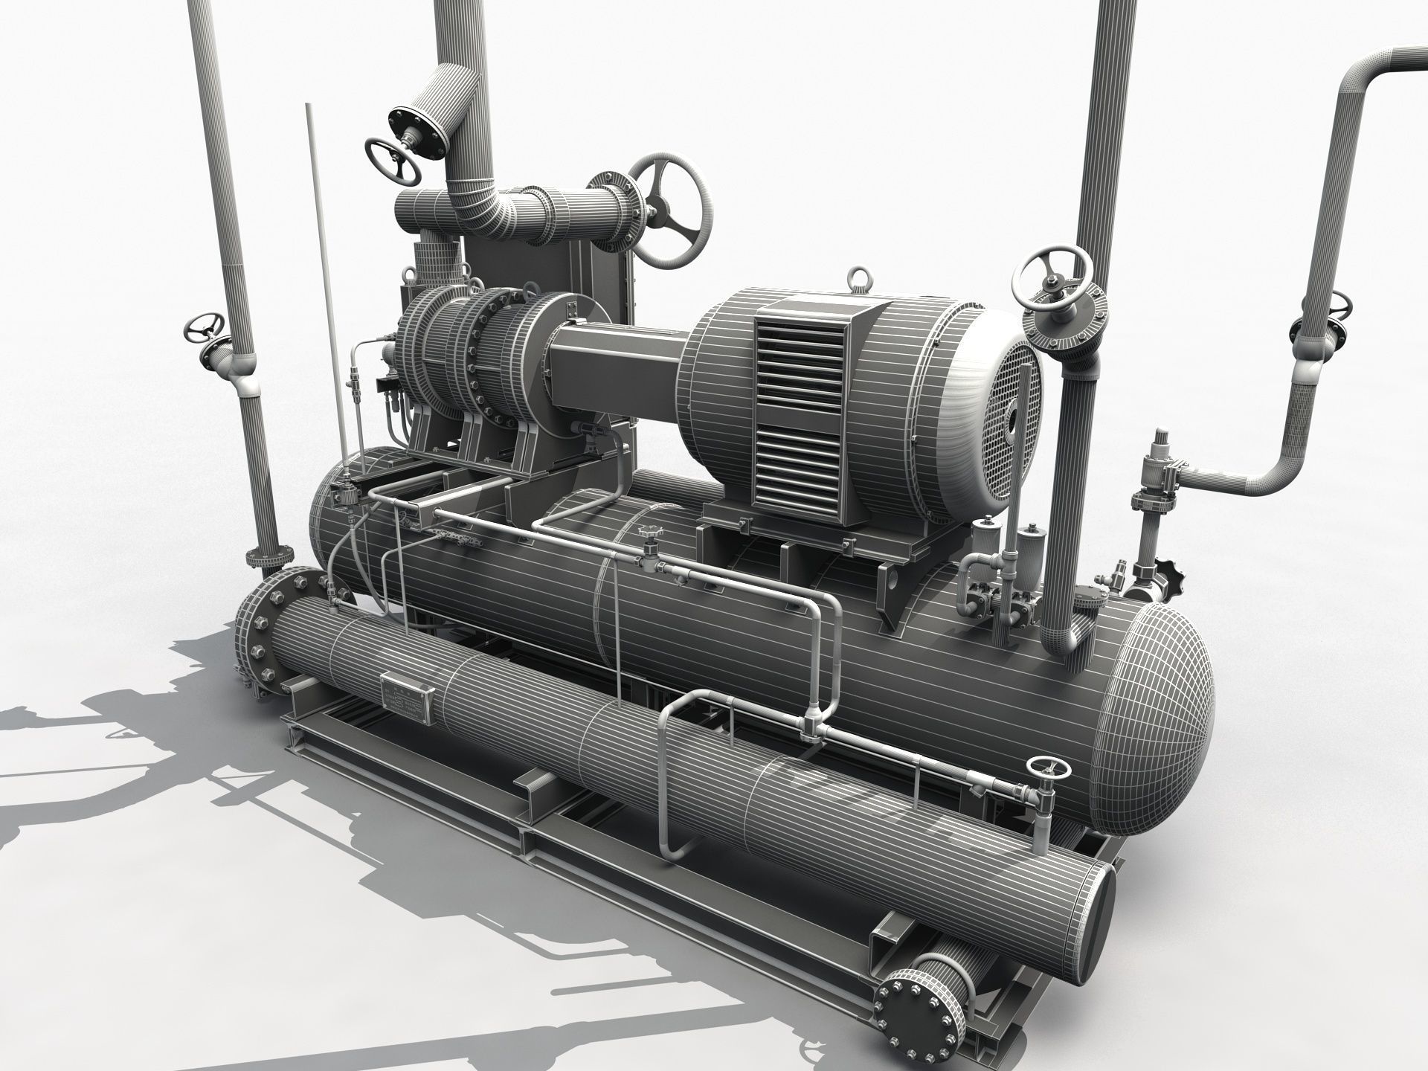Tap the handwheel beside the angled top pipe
coord(393,161)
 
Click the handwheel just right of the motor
coord(1053,278)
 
